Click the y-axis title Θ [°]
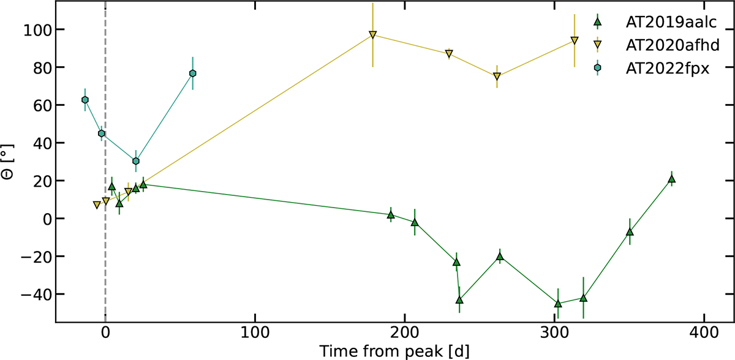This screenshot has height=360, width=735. (10, 162)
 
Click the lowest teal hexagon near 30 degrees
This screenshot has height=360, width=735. (136, 161)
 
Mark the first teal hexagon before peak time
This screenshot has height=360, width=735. (85, 100)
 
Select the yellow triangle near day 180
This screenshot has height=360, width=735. (372, 35)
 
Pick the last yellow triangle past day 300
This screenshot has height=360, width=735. (574, 41)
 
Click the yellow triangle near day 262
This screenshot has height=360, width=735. (497, 77)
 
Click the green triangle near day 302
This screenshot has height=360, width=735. (558, 303)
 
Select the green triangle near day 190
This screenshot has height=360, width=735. (391, 214)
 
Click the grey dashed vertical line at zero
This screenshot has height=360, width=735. (105, 245)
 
